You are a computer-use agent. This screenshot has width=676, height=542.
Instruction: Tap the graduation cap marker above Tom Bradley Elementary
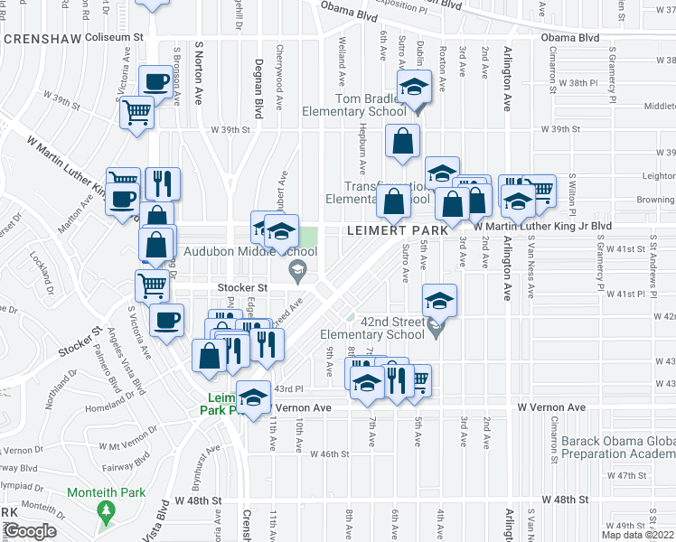(415, 89)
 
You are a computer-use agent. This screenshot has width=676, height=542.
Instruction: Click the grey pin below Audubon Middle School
(296, 269)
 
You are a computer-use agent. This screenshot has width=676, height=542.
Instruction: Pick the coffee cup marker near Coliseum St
(157, 82)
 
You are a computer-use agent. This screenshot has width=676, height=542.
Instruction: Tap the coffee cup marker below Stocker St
(164, 320)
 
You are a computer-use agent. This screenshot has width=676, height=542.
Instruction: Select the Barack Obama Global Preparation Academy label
(620, 448)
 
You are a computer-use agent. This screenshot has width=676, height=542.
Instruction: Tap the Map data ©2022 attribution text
(638, 535)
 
